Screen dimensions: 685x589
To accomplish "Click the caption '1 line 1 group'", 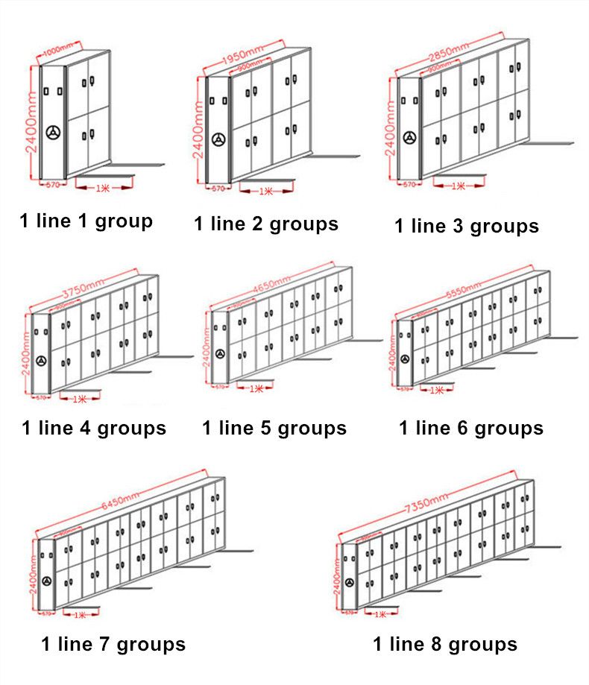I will [x=86, y=221].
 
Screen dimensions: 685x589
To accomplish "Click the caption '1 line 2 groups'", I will [x=266, y=224].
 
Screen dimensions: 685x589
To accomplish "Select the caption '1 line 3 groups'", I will [x=467, y=227].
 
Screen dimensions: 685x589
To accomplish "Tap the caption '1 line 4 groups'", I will [x=94, y=429].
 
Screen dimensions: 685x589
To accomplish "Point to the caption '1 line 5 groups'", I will [x=274, y=429].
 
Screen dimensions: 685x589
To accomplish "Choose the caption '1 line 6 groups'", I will [x=471, y=429].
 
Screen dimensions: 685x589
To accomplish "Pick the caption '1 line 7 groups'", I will [x=113, y=644].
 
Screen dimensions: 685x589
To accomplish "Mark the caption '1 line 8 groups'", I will [x=445, y=644].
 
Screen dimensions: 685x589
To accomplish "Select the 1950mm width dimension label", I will [x=243, y=57].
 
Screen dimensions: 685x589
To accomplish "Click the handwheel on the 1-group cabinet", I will [x=53, y=133].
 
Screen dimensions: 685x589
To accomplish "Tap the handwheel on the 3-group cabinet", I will [x=409, y=138].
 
